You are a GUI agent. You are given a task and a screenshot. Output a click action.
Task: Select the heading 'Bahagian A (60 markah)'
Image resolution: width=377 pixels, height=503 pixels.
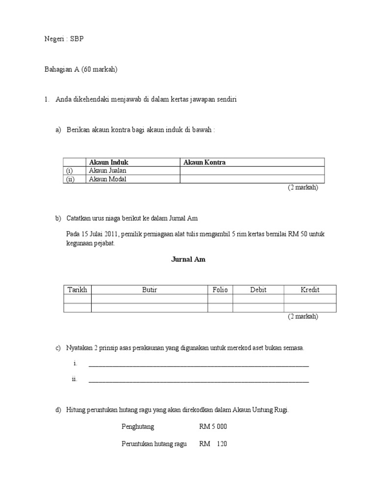tap(81, 70)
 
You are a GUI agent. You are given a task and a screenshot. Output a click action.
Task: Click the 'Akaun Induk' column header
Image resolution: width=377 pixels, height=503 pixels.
tap(108, 163)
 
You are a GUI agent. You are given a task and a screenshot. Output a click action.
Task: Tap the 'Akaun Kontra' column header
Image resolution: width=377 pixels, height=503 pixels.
tap(204, 163)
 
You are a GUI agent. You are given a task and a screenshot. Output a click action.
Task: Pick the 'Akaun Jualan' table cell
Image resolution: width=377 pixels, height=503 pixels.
tap(108, 171)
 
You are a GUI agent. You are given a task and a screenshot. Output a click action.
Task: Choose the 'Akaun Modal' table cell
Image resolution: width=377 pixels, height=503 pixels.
tap(108, 179)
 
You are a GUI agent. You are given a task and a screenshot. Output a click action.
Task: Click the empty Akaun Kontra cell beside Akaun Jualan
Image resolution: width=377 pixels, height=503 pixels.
tap(252, 171)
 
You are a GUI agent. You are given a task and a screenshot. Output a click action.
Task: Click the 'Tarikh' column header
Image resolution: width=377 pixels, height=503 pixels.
tap(78, 290)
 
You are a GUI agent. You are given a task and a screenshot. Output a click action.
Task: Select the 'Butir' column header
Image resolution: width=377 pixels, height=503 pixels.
tap(150, 290)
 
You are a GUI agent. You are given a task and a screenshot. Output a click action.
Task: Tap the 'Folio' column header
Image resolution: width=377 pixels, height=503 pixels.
tap(220, 290)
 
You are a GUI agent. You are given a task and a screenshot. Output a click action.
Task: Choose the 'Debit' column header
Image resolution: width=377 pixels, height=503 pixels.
tap(258, 290)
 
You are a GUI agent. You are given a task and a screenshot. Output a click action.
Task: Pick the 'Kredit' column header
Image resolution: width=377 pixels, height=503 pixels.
tap(310, 290)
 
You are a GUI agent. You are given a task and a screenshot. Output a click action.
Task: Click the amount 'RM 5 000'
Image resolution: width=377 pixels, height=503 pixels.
tap(213, 426)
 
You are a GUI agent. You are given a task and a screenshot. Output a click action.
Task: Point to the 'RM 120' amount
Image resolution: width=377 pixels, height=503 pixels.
tap(213, 444)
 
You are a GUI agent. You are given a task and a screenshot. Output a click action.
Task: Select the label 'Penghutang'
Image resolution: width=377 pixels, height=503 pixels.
tap(137, 426)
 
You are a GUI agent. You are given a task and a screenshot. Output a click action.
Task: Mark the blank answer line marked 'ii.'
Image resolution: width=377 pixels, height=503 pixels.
tap(198, 381)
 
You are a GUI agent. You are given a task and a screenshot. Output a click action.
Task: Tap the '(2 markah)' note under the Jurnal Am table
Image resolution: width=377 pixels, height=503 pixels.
tap(303, 316)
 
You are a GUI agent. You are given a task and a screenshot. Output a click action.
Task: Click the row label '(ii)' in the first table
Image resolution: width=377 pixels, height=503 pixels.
tap(72, 179)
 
